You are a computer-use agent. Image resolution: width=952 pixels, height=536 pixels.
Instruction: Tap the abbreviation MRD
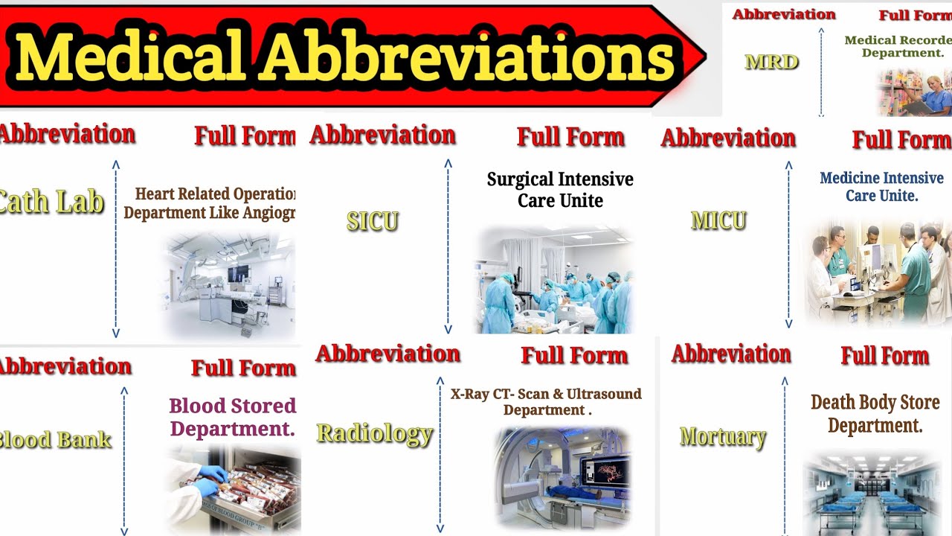(772, 62)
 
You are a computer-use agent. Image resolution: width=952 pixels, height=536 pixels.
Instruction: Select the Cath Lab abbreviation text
(52, 202)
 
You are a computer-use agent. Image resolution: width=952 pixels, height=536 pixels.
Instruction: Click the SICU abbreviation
(373, 221)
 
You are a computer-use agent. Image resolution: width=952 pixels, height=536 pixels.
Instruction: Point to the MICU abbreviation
(718, 220)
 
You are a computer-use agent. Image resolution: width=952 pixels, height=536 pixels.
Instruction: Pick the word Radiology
(375, 433)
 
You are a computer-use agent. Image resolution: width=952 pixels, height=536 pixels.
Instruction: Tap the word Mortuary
(723, 436)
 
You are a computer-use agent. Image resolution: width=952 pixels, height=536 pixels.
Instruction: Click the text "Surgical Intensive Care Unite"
(560, 190)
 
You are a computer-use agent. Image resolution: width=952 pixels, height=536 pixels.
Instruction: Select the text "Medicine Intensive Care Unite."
(881, 187)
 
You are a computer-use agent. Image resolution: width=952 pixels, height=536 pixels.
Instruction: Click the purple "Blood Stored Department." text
(232, 418)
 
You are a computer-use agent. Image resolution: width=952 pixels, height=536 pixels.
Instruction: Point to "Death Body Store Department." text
(875, 414)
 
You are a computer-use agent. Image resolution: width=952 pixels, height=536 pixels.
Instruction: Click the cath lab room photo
(228, 285)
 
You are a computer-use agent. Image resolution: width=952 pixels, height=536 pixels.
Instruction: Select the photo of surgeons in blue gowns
(555, 281)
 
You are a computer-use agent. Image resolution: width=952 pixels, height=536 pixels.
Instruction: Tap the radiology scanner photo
(563, 476)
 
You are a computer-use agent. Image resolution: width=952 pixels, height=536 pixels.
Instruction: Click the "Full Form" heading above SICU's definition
(570, 137)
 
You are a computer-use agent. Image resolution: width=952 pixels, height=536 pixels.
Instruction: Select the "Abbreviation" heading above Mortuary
(731, 354)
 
